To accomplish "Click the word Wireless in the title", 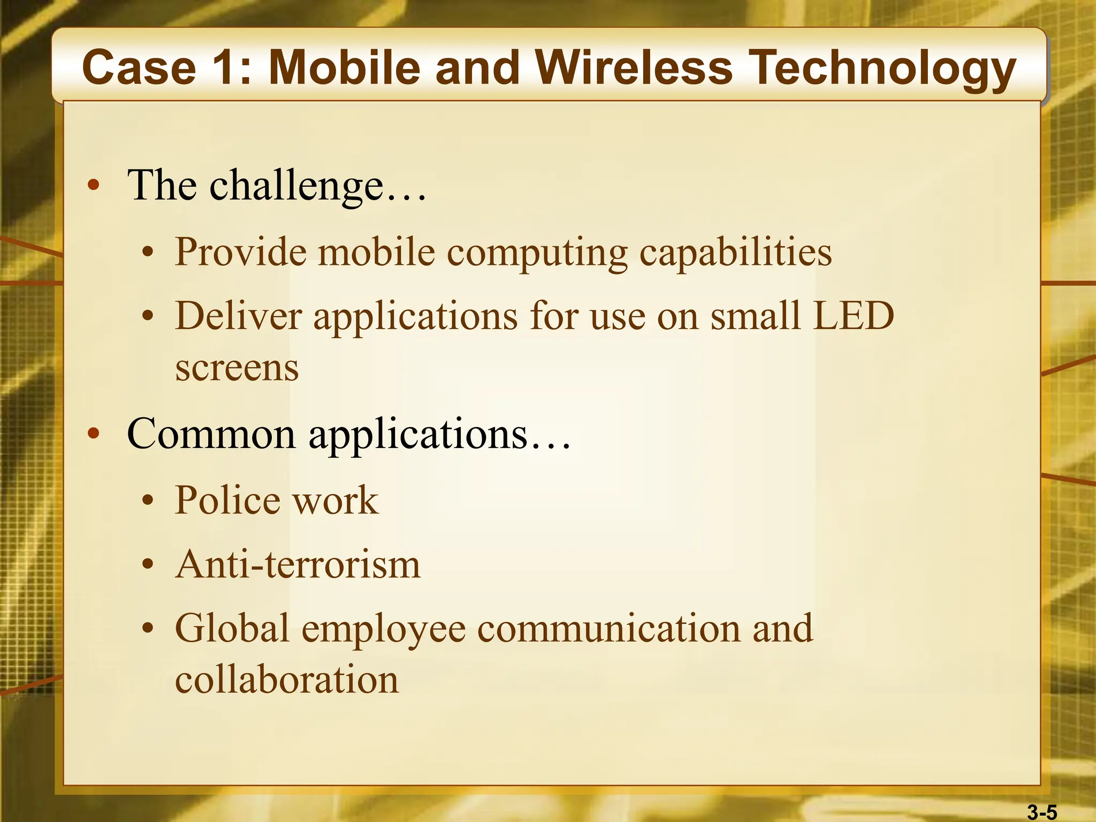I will click(x=634, y=67).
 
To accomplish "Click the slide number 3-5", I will click(x=1042, y=812).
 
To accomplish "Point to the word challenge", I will click(x=296, y=186).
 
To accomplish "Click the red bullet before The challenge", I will click(x=94, y=185).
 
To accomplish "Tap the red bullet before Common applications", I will click(x=94, y=433).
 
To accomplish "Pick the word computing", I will click(x=537, y=253).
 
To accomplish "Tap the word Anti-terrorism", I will click(x=298, y=565).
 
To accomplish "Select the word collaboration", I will click(x=287, y=680).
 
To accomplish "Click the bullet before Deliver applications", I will click(x=148, y=316).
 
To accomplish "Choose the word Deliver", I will click(x=239, y=316).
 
